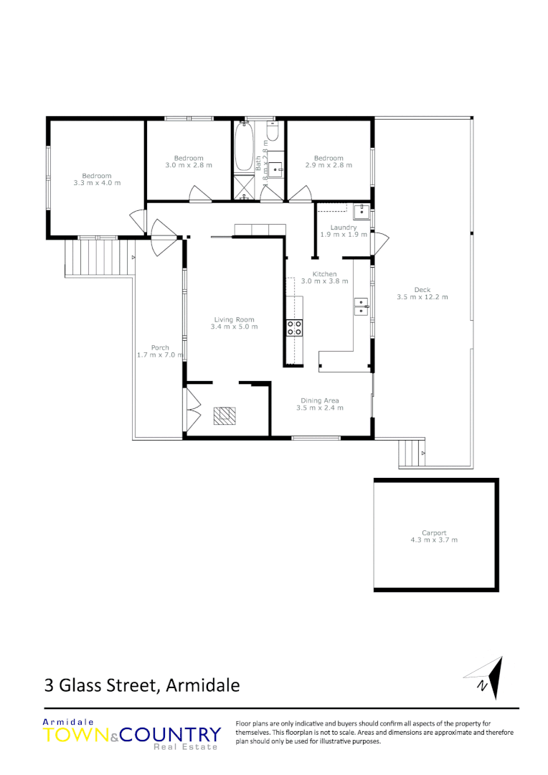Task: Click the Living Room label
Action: click(x=234, y=320)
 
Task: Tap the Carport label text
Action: click(x=433, y=532)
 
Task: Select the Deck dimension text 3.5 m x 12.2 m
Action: click(x=422, y=296)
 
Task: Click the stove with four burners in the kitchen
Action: click(x=294, y=328)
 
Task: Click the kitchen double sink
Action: click(x=362, y=307)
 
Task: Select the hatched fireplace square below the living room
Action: click(x=224, y=415)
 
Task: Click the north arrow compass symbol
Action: click(x=488, y=677)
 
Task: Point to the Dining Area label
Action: click(x=320, y=400)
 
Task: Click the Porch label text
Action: click(x=160, y=347)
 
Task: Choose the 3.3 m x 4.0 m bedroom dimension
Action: click(x=97, y=183)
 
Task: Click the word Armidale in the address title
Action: click(x=202, y=685)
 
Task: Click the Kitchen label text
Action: click(x=324, y=274)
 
